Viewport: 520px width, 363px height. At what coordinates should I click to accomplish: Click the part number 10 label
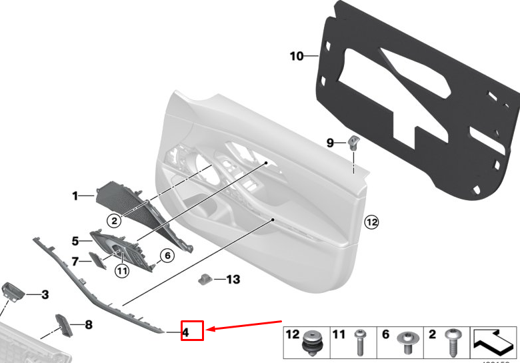(x=297, y=56)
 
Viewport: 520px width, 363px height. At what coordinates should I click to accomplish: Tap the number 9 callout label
(x=330, y=142)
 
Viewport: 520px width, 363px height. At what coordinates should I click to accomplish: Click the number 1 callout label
(x=75, y=196)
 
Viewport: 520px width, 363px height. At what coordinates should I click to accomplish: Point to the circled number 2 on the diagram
(x=115, y=220)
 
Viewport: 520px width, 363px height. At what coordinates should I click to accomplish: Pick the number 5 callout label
(x=75, y=240)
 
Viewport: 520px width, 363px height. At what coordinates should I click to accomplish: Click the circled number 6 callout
(x=166, y=255)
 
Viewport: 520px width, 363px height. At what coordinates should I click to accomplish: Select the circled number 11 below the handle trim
(x=121, y=270)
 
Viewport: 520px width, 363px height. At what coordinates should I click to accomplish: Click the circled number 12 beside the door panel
(x=371, y=222)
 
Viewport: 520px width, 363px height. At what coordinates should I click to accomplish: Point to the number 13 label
(x=233, y=279)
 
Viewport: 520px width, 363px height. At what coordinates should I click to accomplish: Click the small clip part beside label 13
(x=207, y=278)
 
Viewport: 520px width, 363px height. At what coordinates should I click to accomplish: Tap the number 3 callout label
(x=45, y=294)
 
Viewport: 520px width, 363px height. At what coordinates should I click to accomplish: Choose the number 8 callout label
(x=89, y=325)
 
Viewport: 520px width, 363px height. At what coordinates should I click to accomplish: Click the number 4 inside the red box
(x=187, y=330)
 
